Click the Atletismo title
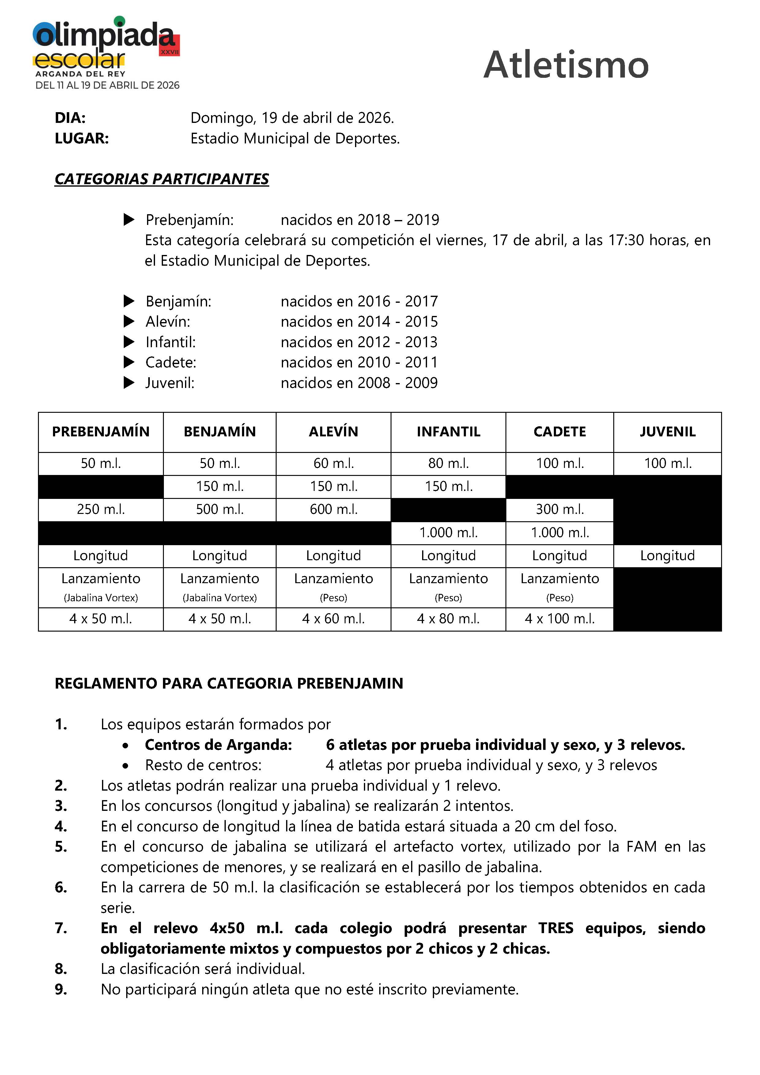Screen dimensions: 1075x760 pos(566,65)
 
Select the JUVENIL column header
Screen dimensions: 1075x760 pos(667,432)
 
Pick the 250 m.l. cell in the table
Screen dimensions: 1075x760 pos(100,509)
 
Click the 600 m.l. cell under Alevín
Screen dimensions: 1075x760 pos(333,509)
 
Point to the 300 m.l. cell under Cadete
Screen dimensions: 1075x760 pos(559,509)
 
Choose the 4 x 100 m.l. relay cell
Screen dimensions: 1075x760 pos(559,619)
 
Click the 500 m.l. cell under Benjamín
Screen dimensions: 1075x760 pos(219,509)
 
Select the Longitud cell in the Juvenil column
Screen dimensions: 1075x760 pos(667,556)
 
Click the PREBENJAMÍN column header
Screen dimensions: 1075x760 pos(100,432)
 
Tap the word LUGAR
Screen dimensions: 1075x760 pos(81,139)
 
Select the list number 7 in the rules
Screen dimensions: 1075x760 pos(61,928)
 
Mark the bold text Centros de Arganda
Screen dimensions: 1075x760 pos(218,745)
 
